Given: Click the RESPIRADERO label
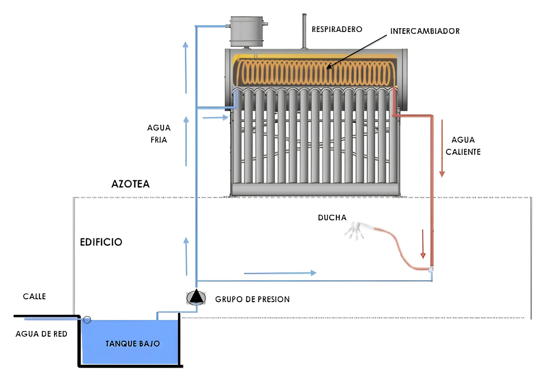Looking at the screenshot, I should [x=337, y=29].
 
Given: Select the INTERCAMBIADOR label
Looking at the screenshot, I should [x=425, y=31].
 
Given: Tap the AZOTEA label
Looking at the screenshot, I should [x=130, y=184].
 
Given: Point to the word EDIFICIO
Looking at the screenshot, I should [x=101, y=242].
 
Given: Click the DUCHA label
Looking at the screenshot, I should [x=332, y=218].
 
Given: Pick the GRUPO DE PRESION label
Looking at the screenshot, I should [x=252, y=299].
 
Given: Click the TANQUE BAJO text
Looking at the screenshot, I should [x=133, y=344].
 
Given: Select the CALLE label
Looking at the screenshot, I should [x=34, y=296].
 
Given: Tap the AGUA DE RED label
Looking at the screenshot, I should [x=41, y=334].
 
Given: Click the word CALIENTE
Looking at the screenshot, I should [x=463, y=152].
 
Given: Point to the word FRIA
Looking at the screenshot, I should [x=159, y=140].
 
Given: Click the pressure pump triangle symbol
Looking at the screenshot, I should [x=196, y=297].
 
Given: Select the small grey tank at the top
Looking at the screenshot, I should [x=247, y=31].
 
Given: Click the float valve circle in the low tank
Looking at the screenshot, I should [x=87, y=320].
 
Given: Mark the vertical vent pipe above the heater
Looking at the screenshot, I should [x=304, y=31].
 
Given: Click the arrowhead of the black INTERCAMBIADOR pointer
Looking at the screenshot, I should [x=329, y=66].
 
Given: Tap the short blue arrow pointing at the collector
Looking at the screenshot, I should [x=215, y=117].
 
